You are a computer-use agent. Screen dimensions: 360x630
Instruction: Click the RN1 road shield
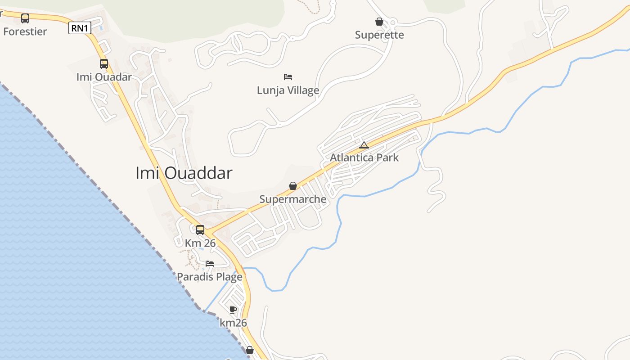80,28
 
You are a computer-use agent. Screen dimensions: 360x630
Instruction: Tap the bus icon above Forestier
25,18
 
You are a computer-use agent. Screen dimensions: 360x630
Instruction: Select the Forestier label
25,31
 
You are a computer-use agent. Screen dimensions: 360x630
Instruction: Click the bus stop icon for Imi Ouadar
104,64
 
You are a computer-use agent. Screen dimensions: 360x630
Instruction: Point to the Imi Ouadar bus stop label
104,77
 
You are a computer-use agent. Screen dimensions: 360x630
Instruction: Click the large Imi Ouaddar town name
184,173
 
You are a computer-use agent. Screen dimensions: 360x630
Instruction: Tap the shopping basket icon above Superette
379,22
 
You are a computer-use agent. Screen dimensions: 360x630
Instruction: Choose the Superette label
379,35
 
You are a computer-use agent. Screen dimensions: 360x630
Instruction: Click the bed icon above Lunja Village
288,77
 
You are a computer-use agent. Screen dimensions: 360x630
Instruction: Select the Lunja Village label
288,90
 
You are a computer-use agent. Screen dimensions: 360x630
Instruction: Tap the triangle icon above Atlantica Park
364,145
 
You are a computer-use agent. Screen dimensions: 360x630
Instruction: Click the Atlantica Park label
364,158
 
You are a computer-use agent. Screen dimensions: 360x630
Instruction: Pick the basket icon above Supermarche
293,186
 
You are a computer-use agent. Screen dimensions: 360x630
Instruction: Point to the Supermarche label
293,199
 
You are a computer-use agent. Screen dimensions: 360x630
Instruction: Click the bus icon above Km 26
200,230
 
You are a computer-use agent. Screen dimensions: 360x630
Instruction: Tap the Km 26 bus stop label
200,243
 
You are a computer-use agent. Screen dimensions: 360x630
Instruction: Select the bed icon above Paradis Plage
210,264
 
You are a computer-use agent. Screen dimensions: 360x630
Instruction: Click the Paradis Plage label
210,277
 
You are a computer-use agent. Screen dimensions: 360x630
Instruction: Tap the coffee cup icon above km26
233,310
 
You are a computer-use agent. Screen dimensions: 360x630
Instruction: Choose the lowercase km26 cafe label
233,323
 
